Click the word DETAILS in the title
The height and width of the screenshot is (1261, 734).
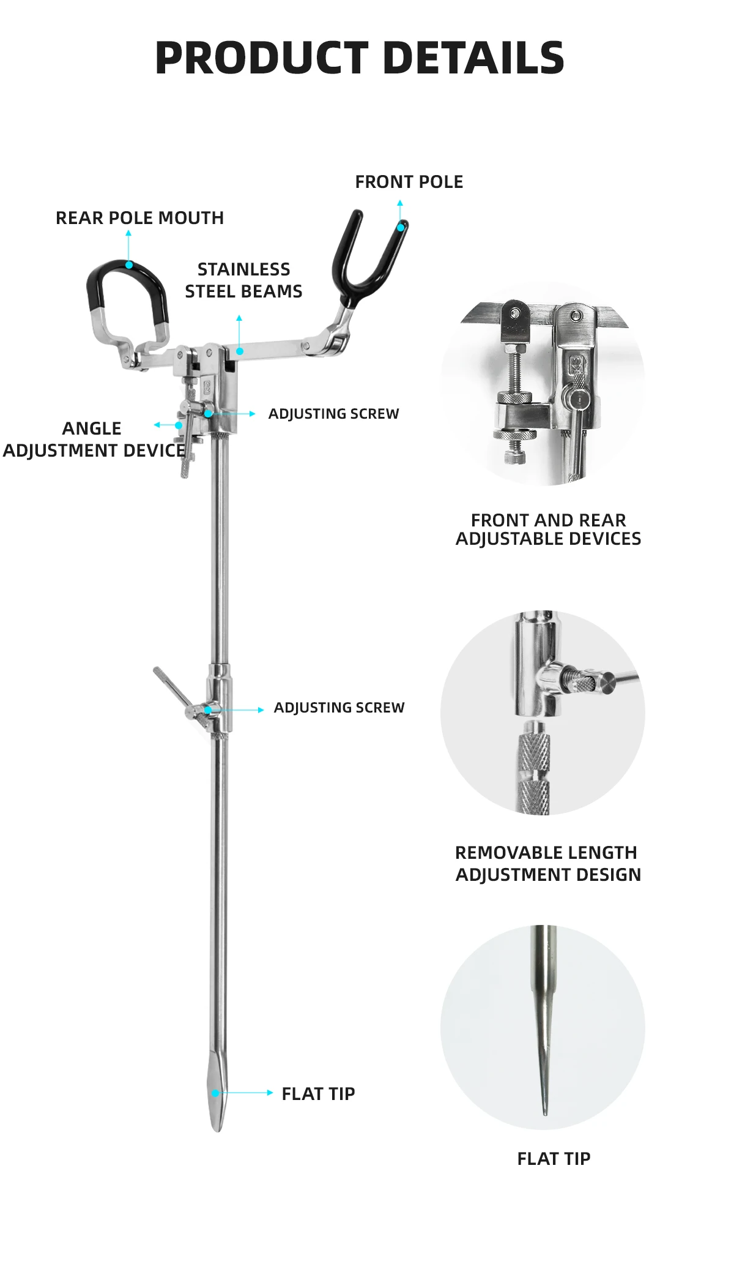(473, 58)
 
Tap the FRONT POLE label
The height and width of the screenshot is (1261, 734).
(409, 182)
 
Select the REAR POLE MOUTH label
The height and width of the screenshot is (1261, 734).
(139, 218)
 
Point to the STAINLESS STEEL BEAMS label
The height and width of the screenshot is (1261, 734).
(243, 280)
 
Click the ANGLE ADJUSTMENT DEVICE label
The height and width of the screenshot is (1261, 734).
(93, 440)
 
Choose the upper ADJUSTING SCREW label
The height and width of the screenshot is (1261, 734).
(333, 414)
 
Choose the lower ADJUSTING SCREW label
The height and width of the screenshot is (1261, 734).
(339, 708)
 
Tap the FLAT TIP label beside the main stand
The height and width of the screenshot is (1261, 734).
(318, 1094)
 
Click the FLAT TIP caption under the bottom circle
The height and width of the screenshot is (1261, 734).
(554, 1159)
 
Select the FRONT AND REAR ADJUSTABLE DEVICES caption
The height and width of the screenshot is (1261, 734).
(548, 529)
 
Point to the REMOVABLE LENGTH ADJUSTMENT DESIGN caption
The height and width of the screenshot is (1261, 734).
(548, 864)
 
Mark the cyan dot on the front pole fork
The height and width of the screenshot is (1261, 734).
(401, 228)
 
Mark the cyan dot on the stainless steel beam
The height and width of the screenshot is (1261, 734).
(240, 351)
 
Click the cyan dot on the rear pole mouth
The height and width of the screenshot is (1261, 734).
(129, 265)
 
